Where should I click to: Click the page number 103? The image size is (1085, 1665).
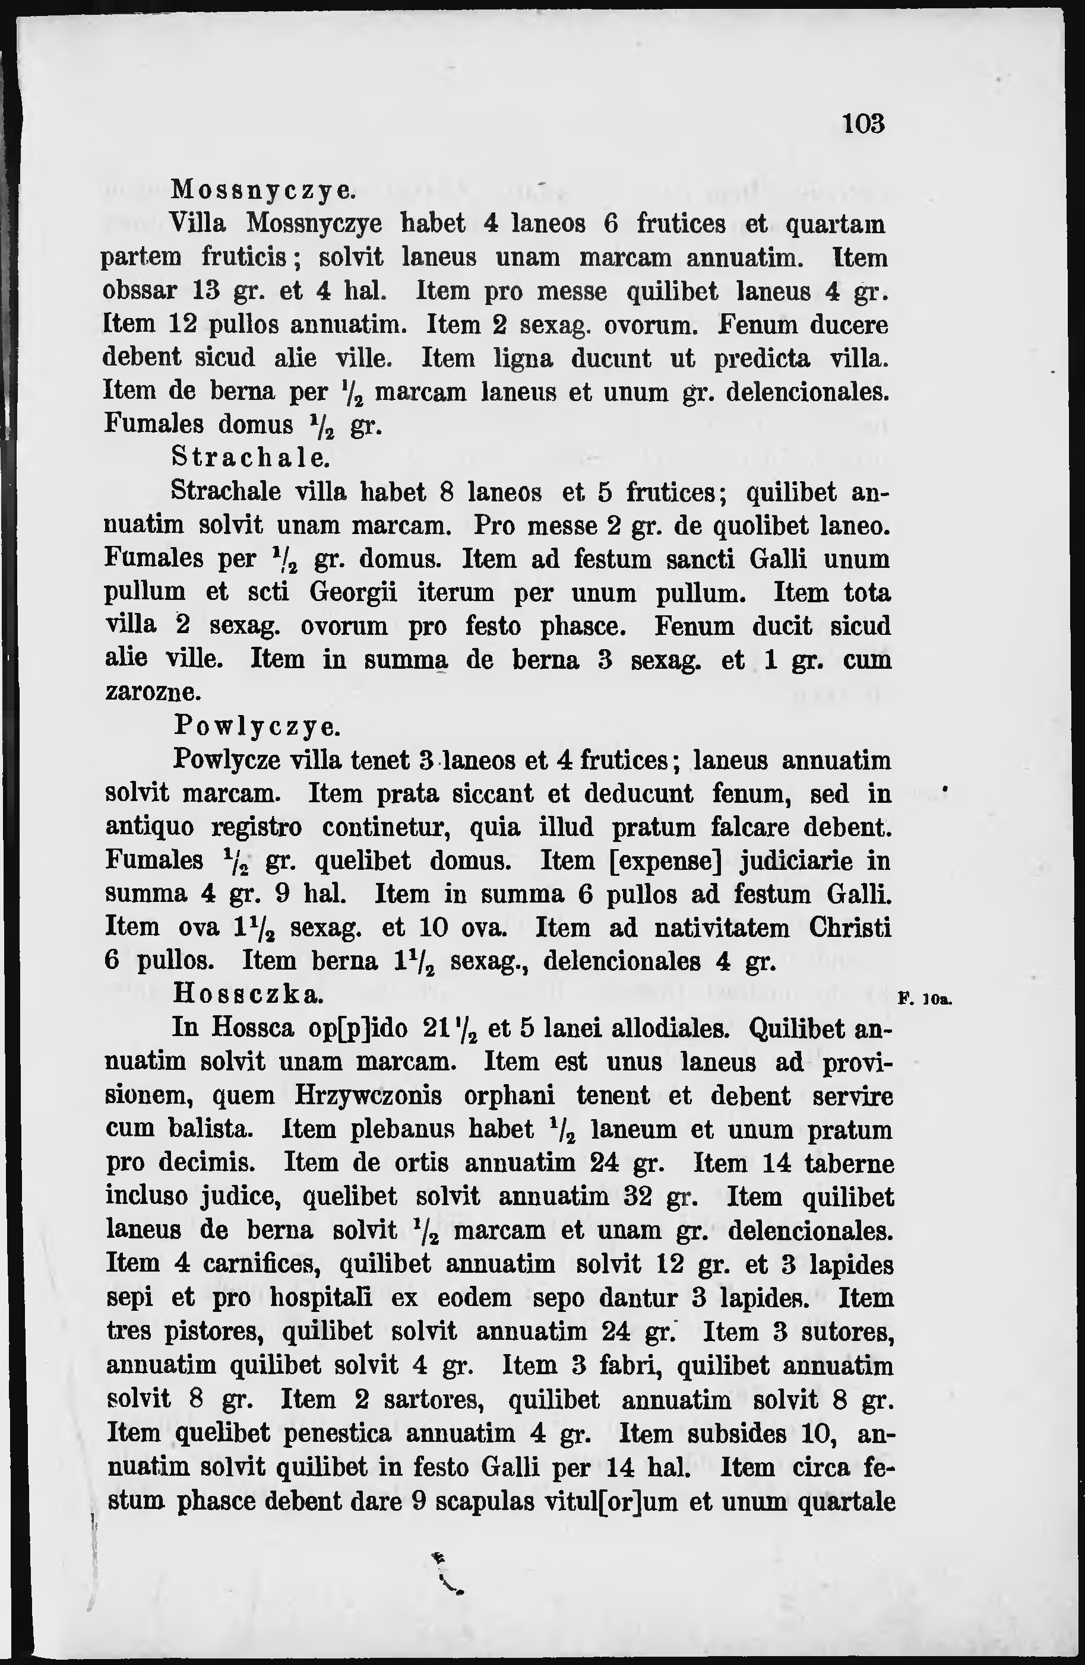[x=864, y=124]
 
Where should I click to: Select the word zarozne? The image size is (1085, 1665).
[x=153, y=692]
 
